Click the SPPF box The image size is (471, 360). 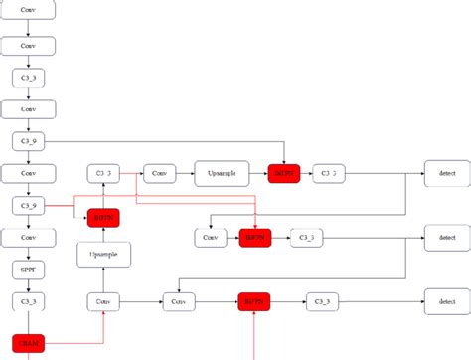[29, 269]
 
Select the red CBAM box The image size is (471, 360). [29, 343]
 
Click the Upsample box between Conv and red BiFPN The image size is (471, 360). [222, 173]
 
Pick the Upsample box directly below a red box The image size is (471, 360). [102, 255]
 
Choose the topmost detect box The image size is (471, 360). [446, 173]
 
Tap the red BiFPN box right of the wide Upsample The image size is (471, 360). [284, 173]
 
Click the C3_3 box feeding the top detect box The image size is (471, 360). [329, 173]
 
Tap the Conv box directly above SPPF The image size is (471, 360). [29, 238]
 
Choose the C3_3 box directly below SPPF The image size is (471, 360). [29, 299]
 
